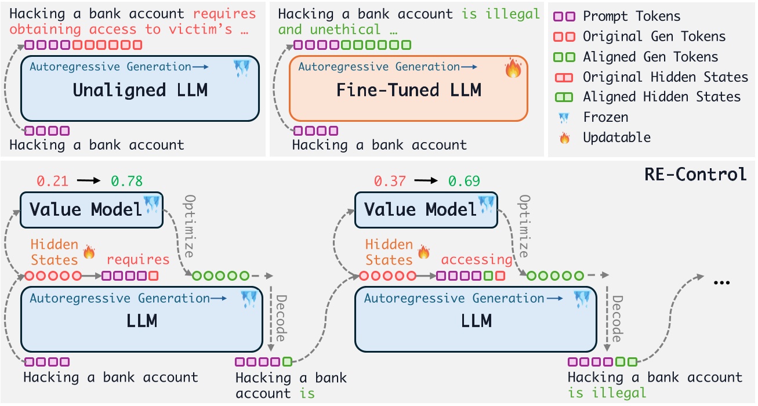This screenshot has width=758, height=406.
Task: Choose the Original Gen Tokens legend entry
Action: click(x=654, y=37)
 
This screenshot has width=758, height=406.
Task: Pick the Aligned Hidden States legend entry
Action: click(x=662, y=97)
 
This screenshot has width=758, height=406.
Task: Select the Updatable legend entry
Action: click(x=616, y=137)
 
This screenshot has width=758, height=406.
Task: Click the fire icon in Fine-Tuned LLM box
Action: click(x=513, y=69)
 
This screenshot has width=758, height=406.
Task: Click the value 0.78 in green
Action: click(x=126, y=181)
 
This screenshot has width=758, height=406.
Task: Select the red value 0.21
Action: click(x=53, y=181)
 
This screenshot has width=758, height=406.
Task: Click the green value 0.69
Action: click(x=463, y=181)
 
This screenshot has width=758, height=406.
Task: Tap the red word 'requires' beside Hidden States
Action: click(x=139, y=259)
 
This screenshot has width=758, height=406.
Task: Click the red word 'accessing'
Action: click(x=477, y=259)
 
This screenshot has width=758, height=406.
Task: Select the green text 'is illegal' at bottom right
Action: click(x=607, y=393)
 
